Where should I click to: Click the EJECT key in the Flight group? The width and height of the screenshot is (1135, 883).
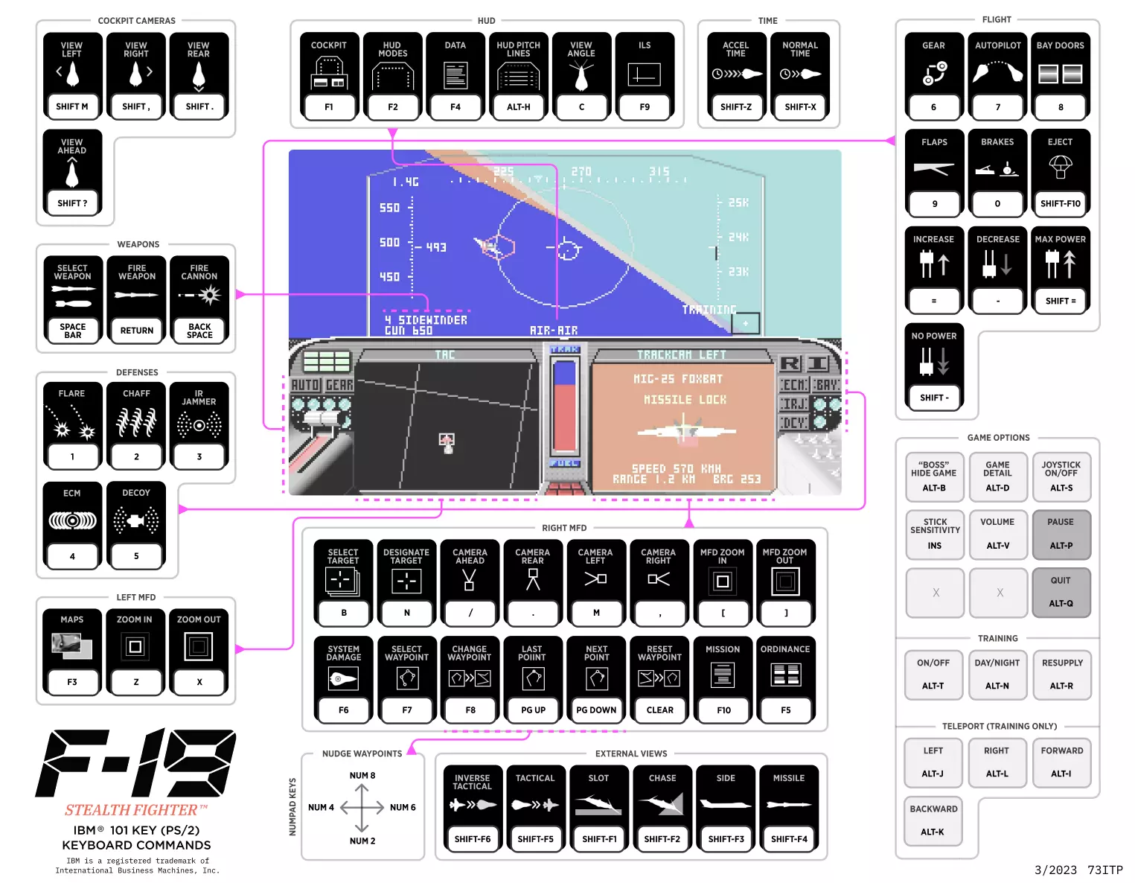(x=1060, y=172)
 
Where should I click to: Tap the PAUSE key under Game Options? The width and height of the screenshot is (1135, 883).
(x=1061, y=534)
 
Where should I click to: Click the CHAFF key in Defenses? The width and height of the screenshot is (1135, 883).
(x=136, y=425)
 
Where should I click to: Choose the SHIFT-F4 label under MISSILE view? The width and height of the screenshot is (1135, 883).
(x=789, y=839)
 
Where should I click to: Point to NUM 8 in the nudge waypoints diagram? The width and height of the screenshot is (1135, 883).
(x=362, y=776)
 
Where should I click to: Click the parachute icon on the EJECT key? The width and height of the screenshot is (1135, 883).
(x=1060, y=166)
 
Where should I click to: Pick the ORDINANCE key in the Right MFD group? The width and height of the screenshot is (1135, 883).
(x=785, y=679)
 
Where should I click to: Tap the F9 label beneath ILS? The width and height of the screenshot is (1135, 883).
(x=645, y=106)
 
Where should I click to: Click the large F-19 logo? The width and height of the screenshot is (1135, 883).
(x=136, y=762)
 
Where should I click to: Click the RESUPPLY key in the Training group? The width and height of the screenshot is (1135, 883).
(x=1062, y=675)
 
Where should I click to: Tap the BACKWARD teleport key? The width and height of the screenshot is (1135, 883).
(x=933, y=820)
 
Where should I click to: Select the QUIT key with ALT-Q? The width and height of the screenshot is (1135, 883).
(x=1061, y=592)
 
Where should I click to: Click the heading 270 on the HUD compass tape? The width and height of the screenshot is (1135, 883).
(x=581, y=172)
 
